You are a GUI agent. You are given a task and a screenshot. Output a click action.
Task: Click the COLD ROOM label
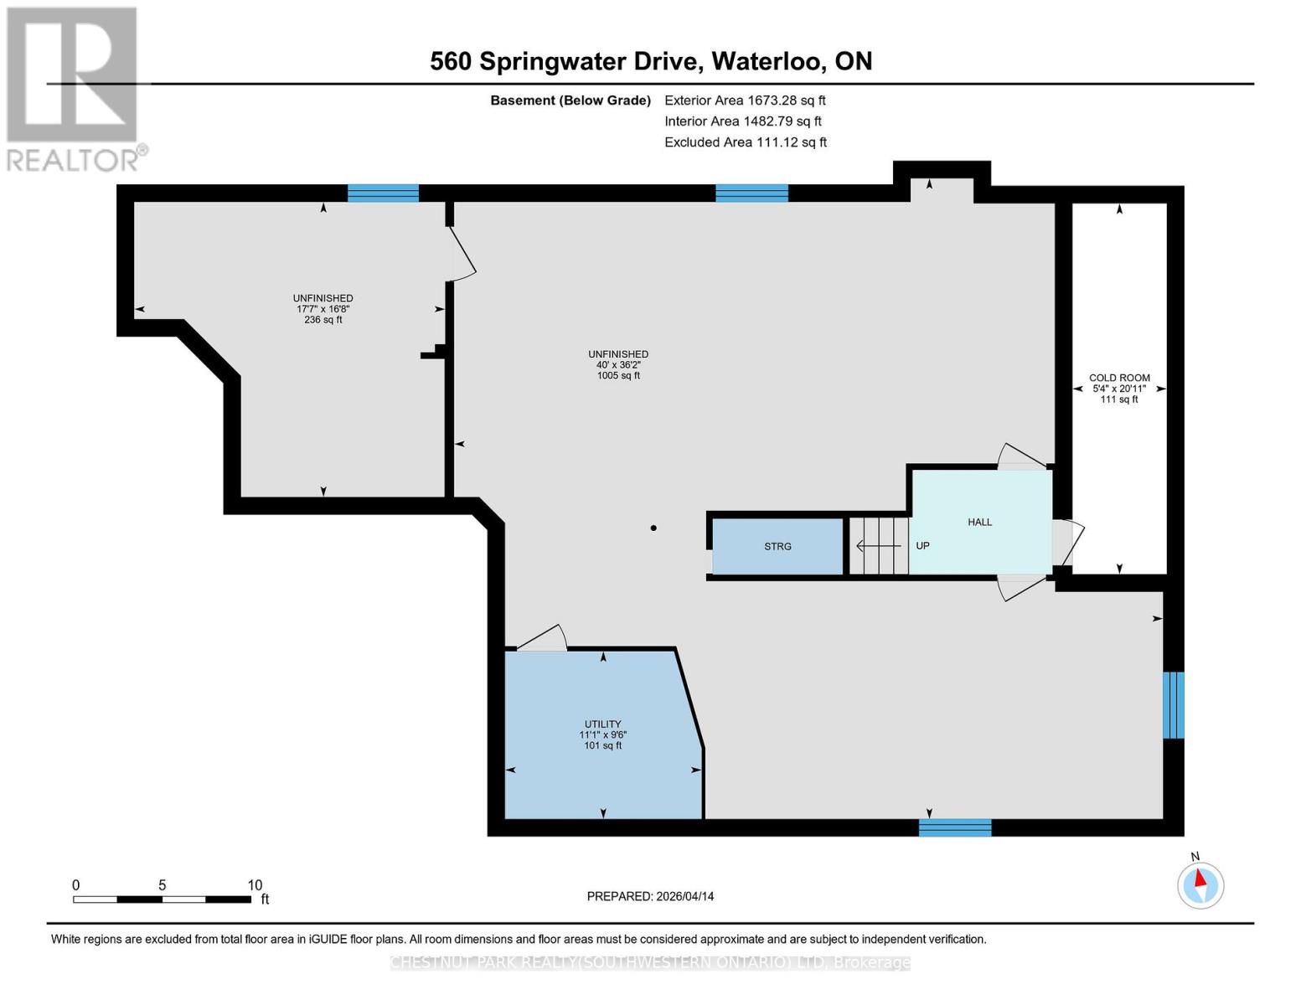pos(1119,378)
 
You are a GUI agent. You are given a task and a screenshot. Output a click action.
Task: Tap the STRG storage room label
pos(777,546)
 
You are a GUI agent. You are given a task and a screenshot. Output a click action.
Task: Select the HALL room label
pos(979,522)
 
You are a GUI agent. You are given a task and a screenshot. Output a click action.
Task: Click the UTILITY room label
pos(602,724)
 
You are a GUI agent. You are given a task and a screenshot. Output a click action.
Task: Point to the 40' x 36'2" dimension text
pos(618,365)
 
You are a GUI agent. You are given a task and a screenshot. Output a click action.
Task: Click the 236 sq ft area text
pos(323,320)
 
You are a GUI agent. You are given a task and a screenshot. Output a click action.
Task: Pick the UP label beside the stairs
pos(922,545)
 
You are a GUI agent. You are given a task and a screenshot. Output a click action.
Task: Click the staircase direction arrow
pos(878,546)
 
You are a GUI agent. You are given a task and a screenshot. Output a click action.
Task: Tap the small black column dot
pos(653,528)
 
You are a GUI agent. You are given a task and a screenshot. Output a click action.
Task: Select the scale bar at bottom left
pos(163,899)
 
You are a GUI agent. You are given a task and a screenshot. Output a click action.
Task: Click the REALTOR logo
pos(73,88)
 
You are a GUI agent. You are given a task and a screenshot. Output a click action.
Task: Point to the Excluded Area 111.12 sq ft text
pos(745,142)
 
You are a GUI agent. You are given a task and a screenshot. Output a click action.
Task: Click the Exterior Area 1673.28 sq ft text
pos(745,100)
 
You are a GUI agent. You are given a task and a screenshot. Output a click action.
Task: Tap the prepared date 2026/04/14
pos(650,896)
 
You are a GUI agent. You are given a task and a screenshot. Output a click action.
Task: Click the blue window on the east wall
pos(1173,704)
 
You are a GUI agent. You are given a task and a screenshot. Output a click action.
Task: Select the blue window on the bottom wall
pos(954,827)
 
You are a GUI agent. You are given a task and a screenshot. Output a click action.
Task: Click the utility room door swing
pos(543,638)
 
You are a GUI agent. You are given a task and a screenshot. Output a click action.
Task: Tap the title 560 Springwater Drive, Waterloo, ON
pos(650,61)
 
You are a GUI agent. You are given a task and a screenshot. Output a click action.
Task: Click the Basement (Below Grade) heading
pos(570,100)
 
